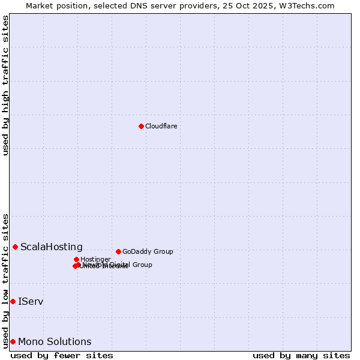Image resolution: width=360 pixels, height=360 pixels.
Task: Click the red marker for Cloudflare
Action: (141, 126)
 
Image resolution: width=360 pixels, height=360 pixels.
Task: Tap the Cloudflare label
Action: (161, 126)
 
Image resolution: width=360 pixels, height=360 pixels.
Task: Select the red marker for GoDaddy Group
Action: (118, 251)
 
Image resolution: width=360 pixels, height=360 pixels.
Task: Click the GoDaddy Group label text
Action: (148, 251)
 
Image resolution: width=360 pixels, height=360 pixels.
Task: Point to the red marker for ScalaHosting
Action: (15, 247)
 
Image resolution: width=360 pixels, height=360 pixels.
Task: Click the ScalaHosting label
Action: (52, 247)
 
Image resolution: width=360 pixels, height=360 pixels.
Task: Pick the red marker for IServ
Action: (13, 301)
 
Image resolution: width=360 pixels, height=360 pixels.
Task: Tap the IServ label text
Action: (31, 301)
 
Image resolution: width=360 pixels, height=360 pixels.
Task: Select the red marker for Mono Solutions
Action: (13, 341)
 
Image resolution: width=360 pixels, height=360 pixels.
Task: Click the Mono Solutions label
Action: (55, 342)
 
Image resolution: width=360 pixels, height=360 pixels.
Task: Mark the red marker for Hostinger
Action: (76, 259)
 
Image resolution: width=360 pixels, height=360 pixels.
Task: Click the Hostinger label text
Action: (95, 259)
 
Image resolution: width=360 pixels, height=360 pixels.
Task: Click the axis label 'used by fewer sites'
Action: (62, 355)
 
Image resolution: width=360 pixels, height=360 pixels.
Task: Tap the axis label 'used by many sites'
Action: (301, 355)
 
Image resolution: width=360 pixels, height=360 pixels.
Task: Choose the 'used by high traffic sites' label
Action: (5, 85)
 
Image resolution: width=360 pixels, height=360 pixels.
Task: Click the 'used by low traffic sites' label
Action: (5, 280)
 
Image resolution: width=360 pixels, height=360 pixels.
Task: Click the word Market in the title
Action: (40, 5)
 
